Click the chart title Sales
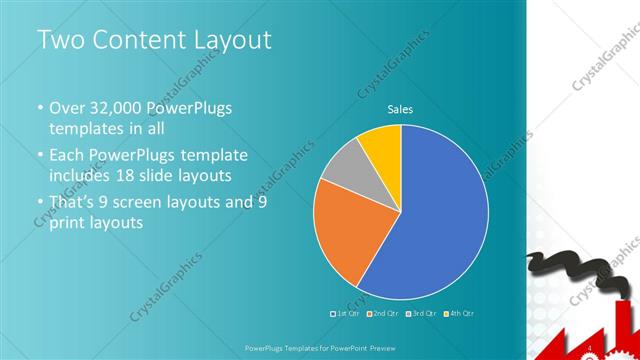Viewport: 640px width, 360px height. pyautogui.click(x=400, y=110)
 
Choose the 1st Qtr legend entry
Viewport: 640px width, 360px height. pyautogui.click(x=346, y=313)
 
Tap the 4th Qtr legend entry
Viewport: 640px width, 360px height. pyautogui.click(x=457, y=313)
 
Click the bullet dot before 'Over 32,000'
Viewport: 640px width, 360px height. pyautogui.click(x=40, y=109)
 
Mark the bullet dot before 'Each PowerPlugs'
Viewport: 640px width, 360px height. pyautogui.click(x=40, y=156)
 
